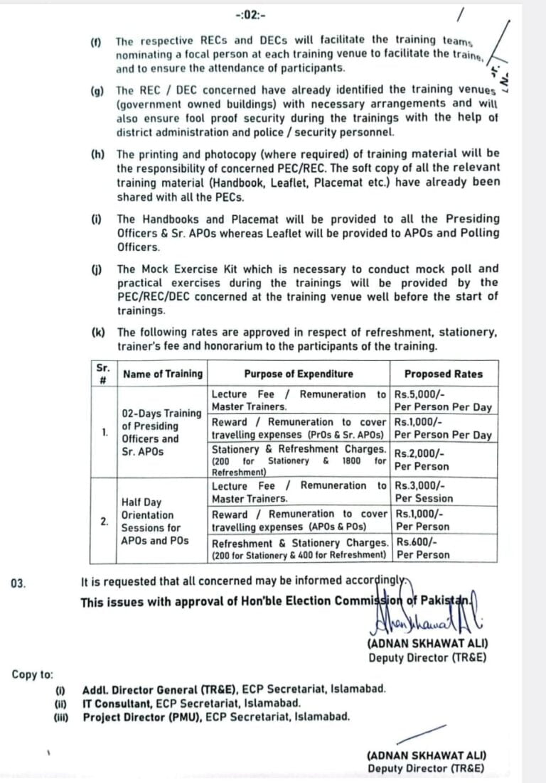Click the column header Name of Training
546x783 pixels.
(x=163, y=374)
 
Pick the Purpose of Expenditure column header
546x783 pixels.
(x=299, y=374)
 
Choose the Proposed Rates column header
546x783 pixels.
(x=443, y=374)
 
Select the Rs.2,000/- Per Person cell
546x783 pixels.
(x=422, y=460)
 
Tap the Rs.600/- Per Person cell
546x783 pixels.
(x=422, y=549)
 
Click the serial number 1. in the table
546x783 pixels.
(x=105, y=432)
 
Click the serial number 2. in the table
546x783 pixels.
(x=105, y=521)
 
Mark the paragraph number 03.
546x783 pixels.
(x=19, y=583)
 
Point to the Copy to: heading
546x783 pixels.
(x=32, y=674)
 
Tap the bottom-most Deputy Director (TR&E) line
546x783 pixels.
(x=427, y=768)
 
